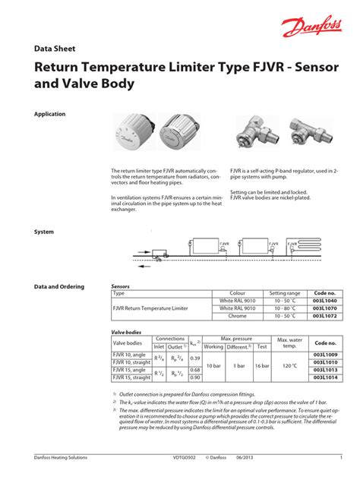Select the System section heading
coord(45,231)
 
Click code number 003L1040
coord(325,301)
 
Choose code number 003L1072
coord(325,315)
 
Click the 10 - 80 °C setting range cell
coord(285,308)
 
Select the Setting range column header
coord(285,293)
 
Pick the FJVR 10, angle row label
coord(128,355)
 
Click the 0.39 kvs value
coord(195,358)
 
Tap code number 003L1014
coord(325,377)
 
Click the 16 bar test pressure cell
coord(262,366)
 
